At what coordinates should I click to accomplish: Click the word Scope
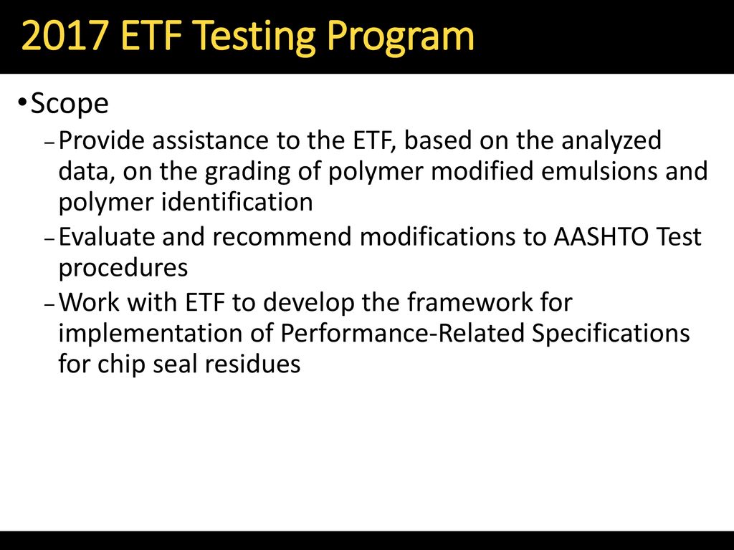click(70, 103)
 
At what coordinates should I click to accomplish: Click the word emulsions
click(597, 170)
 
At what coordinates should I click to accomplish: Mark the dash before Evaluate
click(50, 238)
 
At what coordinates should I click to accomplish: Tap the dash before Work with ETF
click(50, 304)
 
